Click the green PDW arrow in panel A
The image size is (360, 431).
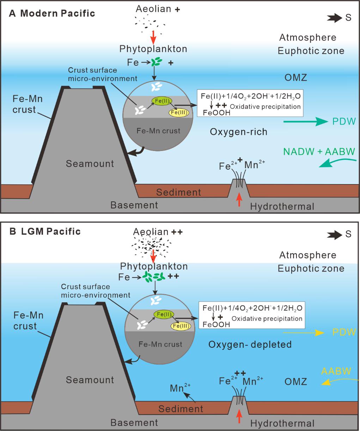tap(305, 122)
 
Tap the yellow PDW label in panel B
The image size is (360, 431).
tap(344, 332)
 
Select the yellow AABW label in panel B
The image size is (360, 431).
tap(336, 371)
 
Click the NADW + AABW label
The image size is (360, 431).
tap(319, 152)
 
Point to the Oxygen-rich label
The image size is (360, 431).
tap(238, 132)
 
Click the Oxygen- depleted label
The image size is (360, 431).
tap(250, 345)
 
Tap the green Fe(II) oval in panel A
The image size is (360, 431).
tap(162, 101)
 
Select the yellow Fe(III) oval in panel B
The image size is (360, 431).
tap(181, 326)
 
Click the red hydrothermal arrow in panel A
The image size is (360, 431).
tap(239, 199)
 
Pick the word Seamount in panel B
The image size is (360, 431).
tap(90, 380)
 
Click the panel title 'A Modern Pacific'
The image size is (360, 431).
tap(52, 13)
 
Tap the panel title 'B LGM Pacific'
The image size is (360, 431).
tap(45, 231)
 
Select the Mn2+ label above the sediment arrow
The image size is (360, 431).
tap(180, 388)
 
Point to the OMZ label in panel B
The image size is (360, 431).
tap(295, 382)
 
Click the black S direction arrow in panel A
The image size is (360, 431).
tap(334, 18)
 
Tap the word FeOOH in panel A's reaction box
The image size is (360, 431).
tap(216, 113)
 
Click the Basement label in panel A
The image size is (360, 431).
tap(134, 205)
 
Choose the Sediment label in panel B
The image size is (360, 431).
tap(181, 409)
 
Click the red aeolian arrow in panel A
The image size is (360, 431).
tap(153, 38)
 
